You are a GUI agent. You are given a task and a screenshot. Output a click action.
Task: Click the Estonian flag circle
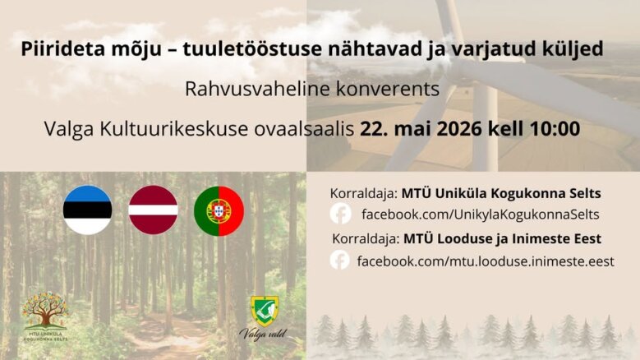pyautogui.click(x=87, y=210)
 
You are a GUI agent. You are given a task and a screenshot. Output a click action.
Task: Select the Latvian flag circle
pyautogui.click(x=153, y=210)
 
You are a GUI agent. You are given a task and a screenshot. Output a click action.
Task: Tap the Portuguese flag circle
pyautogui.click(x=219, y=211)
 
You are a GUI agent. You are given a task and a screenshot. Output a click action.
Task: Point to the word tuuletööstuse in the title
pyautogui.click(x=252, y=49)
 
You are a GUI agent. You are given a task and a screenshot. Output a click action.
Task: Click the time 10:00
pyautogui.click(x=555, y=128)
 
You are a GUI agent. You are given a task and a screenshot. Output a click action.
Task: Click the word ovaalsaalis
pyautogui.click(x=304, y=129)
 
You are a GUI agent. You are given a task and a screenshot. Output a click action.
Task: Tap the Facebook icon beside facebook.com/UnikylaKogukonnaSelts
pyautogui.click(x=340, y=214)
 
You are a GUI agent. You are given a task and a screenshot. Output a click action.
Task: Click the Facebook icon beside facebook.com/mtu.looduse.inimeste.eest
pyautogui.click(x=339, y=260)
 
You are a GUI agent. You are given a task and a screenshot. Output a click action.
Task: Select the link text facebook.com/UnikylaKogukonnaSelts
pyautogui.click(x=481, y=215)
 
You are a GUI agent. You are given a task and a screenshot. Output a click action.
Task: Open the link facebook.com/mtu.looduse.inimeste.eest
pyautogui.click(x=486, y=261)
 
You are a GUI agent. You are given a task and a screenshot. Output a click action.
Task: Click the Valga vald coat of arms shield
pyautogui.click(x=265, y=311)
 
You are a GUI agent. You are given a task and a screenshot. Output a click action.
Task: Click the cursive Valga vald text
pyautogui.click(x=263, y=335)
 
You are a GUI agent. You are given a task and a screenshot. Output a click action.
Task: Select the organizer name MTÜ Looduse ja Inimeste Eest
pyautogui.click(x=503, y=239)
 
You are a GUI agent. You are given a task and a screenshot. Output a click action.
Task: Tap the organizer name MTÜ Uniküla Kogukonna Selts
pyautogui.click(x=501, y=193)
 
